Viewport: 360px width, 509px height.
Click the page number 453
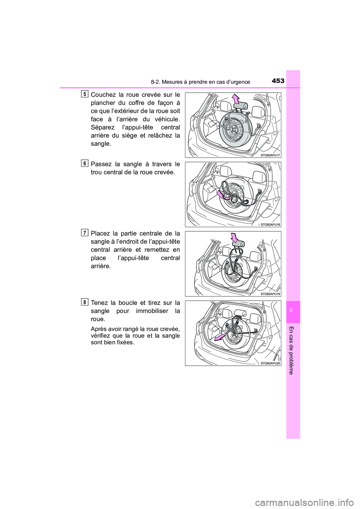tap(278, 81)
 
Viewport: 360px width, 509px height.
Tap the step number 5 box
tap(84, 94)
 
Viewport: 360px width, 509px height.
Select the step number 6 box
tap(84, 163)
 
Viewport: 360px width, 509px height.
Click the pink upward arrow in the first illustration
tap(236, 99)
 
